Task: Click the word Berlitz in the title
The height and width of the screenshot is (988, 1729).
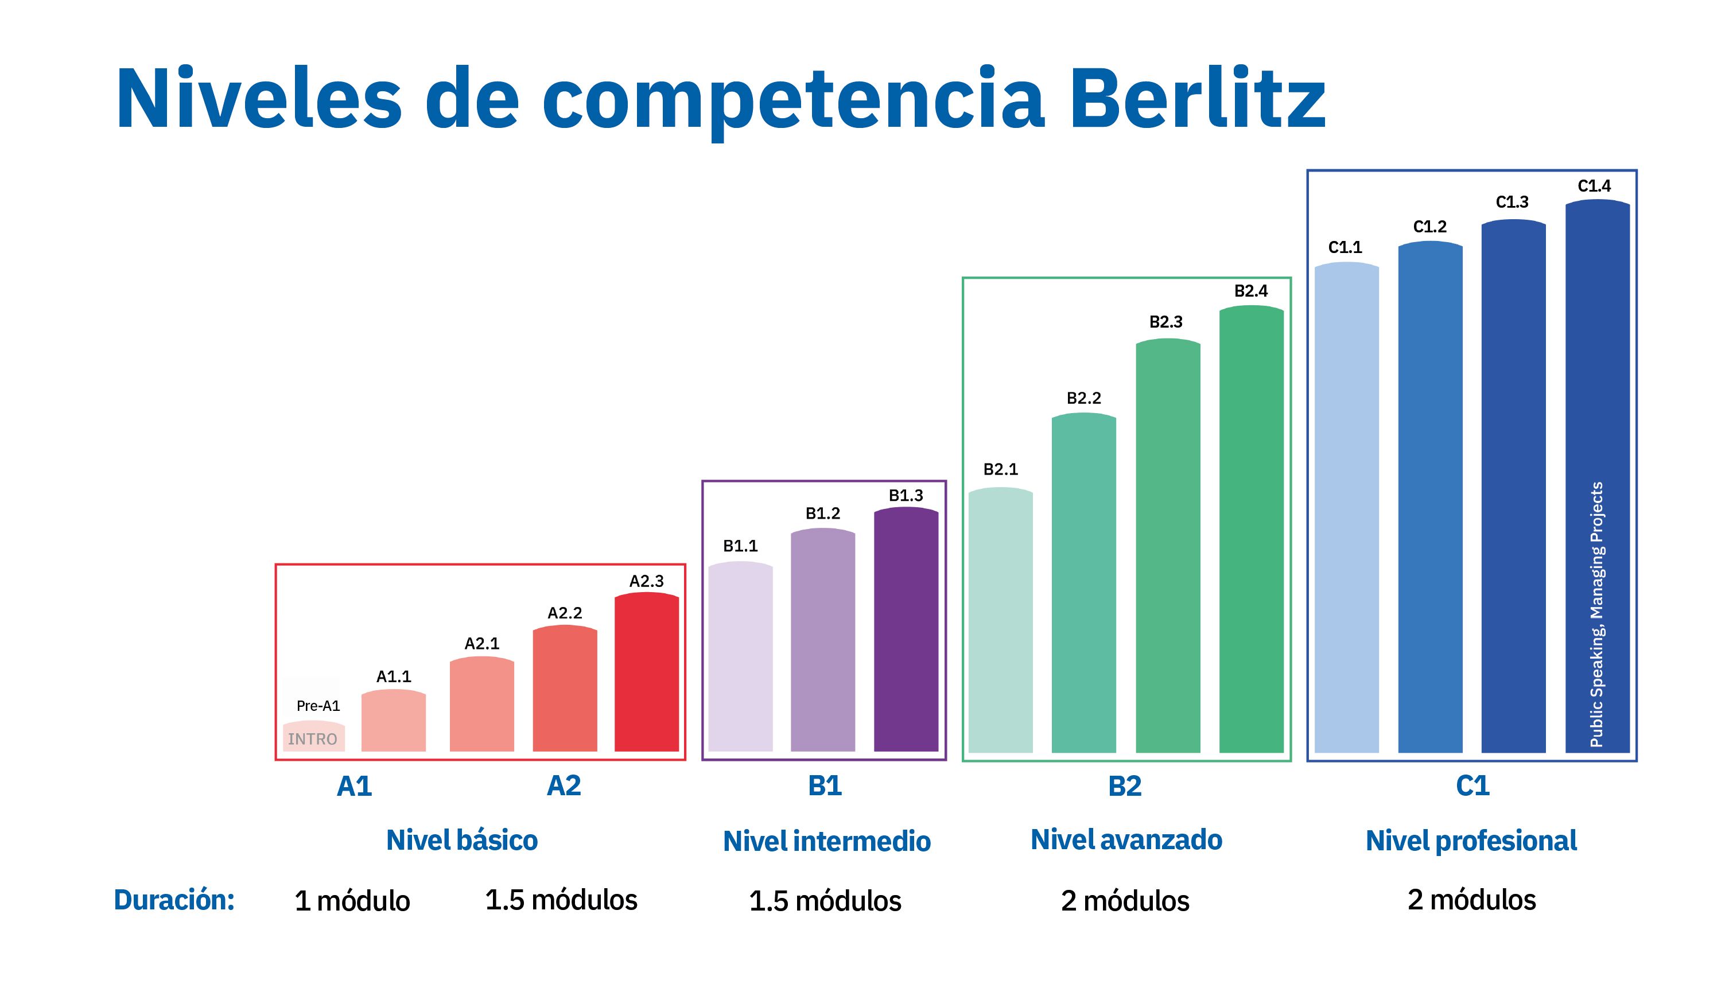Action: click(x=1197, y=99)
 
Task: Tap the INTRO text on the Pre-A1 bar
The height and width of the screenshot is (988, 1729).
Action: click(x=312, y=739)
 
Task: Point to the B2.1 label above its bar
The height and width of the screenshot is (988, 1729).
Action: click(x=1000, y=469)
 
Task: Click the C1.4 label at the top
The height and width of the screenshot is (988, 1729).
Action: click(x=1594, y=186)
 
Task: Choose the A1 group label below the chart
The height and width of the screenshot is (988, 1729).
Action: click(x=354, y=786)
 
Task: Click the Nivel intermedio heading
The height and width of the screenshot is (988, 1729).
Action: click(x=826, y=842)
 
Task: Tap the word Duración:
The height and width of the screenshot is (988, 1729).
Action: click(x=174, y=900)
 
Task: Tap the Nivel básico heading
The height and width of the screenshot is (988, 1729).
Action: click(x=461, y=840)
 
